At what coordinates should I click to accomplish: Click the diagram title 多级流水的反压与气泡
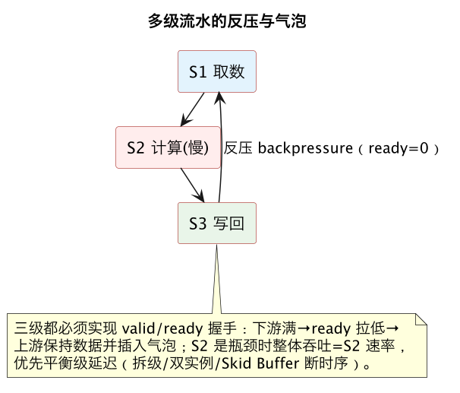pos(227,21)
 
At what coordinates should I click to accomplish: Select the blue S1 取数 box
pos(217,71)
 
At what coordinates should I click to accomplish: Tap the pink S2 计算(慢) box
pos(168,147)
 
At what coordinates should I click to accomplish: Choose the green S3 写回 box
pos(217,223)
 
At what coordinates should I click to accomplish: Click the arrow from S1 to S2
pos(193,109)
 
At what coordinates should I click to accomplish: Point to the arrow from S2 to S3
pos(193,185)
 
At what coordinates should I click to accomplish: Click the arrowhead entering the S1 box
pos(219,97)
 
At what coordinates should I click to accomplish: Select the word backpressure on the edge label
pos(305,148)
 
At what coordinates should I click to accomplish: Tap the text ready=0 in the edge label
pos(399,148)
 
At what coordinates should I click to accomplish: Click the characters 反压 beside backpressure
pos(238,147)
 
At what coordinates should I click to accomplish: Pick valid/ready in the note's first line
pos(162,328)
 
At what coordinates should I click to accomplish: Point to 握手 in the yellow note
pos(222,328)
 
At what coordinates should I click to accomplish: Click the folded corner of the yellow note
pos(421,319)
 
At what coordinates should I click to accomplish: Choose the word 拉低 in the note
pos(370,328)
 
